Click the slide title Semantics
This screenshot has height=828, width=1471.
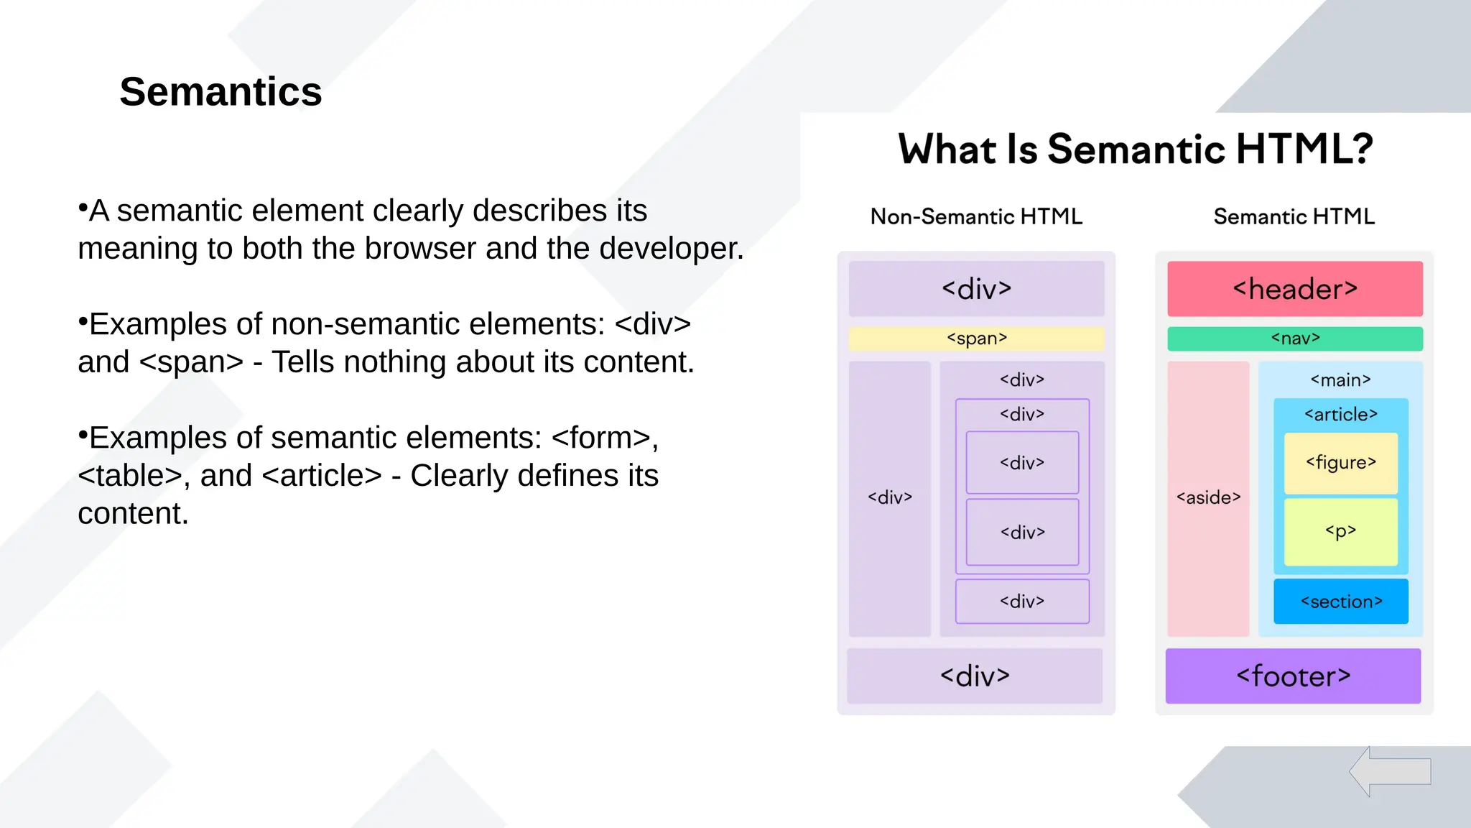tap(221, 92)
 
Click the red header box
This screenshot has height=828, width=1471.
tap(1294, 289)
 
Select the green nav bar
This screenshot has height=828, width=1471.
tap(1294, 339)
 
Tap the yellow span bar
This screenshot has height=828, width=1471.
tap(976, 339)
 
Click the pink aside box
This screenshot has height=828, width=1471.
tap(1208, 498)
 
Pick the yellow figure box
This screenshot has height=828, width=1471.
tap(1340, 463)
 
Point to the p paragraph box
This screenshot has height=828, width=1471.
tap(1340, 532)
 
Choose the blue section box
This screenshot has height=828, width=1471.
tap(1340, 602)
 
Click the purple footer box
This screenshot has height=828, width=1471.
tap(1293, 676)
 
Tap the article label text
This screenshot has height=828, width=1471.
tap(1340, 415)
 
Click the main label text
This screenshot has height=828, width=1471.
tap(1340, 380)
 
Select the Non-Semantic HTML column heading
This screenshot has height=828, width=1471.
tap(976, 216)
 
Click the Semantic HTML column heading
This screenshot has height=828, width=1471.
tap(1294, 216)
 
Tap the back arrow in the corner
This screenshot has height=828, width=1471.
tap(1390, 771)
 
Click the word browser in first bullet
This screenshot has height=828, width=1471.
tap(421, 249)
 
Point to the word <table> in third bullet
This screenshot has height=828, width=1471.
tap(129, 476)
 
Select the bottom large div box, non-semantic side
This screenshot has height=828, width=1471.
tap(975, 676)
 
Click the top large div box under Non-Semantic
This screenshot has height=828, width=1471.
tap(976, 289)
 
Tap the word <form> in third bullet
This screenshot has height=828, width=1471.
tap(601, 438)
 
